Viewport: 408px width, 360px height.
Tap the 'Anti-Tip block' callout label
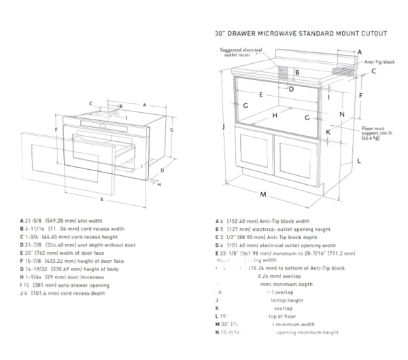tap(379, 62)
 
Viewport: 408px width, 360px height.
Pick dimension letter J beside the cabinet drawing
tap(223, 126)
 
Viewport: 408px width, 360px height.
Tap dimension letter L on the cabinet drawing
tap(358, 161)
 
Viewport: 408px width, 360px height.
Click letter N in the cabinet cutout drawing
tap(342, 114)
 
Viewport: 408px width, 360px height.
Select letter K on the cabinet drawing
tap(328, 132)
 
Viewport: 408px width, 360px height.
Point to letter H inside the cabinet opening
tap(275, 115)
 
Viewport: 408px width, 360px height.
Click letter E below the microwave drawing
tap(101, 200)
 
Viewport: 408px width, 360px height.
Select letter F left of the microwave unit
tap(54, 128)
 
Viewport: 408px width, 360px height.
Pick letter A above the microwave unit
tap(144, 105)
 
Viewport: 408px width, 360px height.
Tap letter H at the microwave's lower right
tap(158, 183)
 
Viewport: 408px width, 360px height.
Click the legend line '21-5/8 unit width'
tap(61, 221)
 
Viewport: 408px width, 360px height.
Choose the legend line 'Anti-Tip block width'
tap(262, 221)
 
